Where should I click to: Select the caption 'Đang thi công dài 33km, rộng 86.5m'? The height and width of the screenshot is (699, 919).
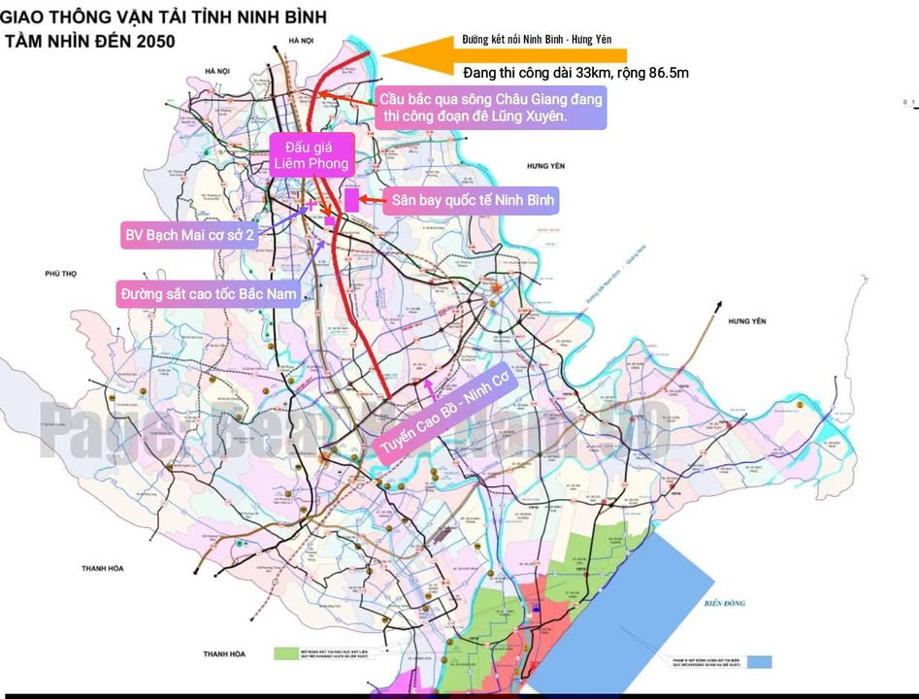(576, 73)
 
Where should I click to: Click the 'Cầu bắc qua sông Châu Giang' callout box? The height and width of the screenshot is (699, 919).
(491, 108)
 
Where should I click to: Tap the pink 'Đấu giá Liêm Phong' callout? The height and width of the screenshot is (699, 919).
(310, 154)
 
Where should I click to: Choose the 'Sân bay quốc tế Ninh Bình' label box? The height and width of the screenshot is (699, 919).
(473, 201)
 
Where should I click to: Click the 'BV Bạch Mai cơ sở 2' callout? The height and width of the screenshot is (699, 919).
(190, 235)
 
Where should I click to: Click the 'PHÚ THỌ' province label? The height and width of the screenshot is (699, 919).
(60, 275)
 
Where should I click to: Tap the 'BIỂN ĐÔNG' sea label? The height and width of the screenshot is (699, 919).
(725, 603)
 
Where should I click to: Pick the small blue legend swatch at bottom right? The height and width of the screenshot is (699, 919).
(758, 662)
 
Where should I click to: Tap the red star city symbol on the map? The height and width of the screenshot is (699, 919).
(497, 288)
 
